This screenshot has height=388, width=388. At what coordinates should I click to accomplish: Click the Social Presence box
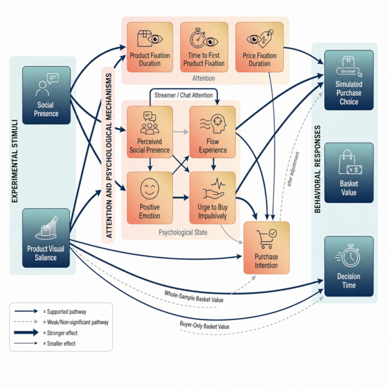pyautogui.click(x=46, y=95)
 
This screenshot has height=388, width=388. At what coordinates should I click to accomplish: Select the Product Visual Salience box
pyautogui.click(x=46, y=238)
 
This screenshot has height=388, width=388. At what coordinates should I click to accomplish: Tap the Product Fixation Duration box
pyautogui.click(x=150, y=47)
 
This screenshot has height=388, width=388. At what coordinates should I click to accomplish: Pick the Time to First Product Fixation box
pyautogui.click(x=204, y=47)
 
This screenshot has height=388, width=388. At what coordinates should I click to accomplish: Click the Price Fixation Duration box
pyautogui.click(x=259, y=47)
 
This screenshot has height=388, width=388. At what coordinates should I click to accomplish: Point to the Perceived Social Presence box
pyautogui.click(x=150, y=132)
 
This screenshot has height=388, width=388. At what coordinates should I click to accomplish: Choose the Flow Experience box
pyautogui.click(x=212, y=132)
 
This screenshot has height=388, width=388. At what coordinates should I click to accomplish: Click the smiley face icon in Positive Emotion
pyautogui.click(x=150, y=189)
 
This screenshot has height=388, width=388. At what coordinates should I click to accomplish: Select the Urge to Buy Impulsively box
pyautogui.click(x=212, y=198)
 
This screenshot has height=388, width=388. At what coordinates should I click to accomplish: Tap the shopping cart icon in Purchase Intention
pyautogui.click(x=266, y=239)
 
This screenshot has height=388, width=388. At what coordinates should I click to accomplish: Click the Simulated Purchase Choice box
pyautogui.click(x=349, y=80)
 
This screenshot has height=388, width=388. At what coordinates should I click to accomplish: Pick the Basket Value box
pyautogui.click(x=349, y=173)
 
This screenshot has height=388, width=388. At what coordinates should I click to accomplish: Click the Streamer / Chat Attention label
pyautogui.click(x=183, y=95)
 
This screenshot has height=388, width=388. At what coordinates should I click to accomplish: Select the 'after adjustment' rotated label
pyautogui.click(x=293, y=169)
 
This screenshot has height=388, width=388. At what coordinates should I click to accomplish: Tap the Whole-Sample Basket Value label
pyautogui.click(x=194, y=297)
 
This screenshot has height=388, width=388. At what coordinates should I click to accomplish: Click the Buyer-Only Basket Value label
pyautogui.click(x=205, y=325)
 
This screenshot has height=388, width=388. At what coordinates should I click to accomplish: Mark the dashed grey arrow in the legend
pyautogui.click(x=26, y=321)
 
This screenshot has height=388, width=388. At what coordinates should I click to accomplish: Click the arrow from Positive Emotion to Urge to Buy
pyautogui.click(x=181, y=197)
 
